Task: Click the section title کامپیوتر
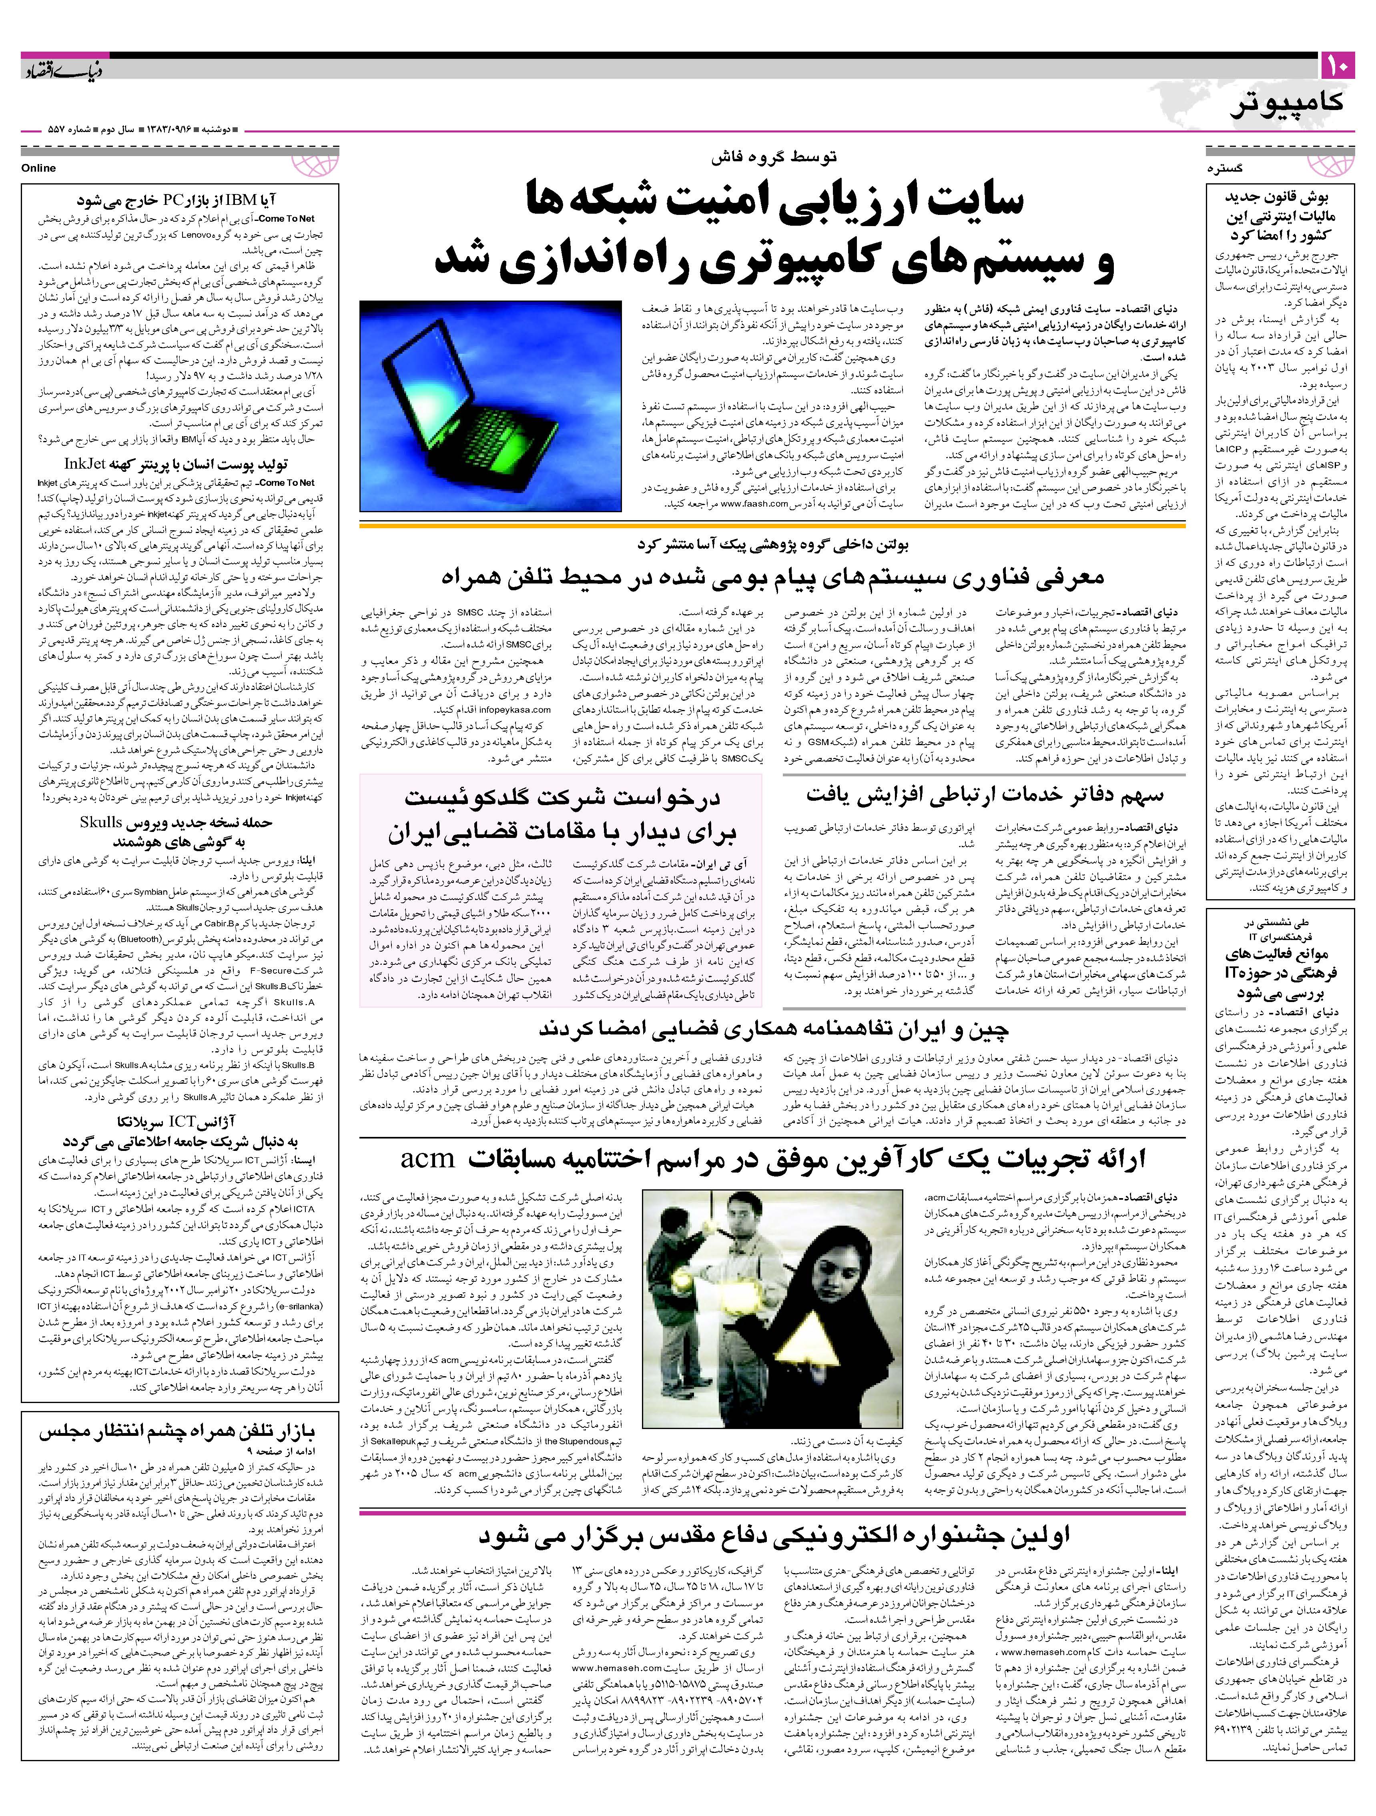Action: tap(1287, 102)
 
